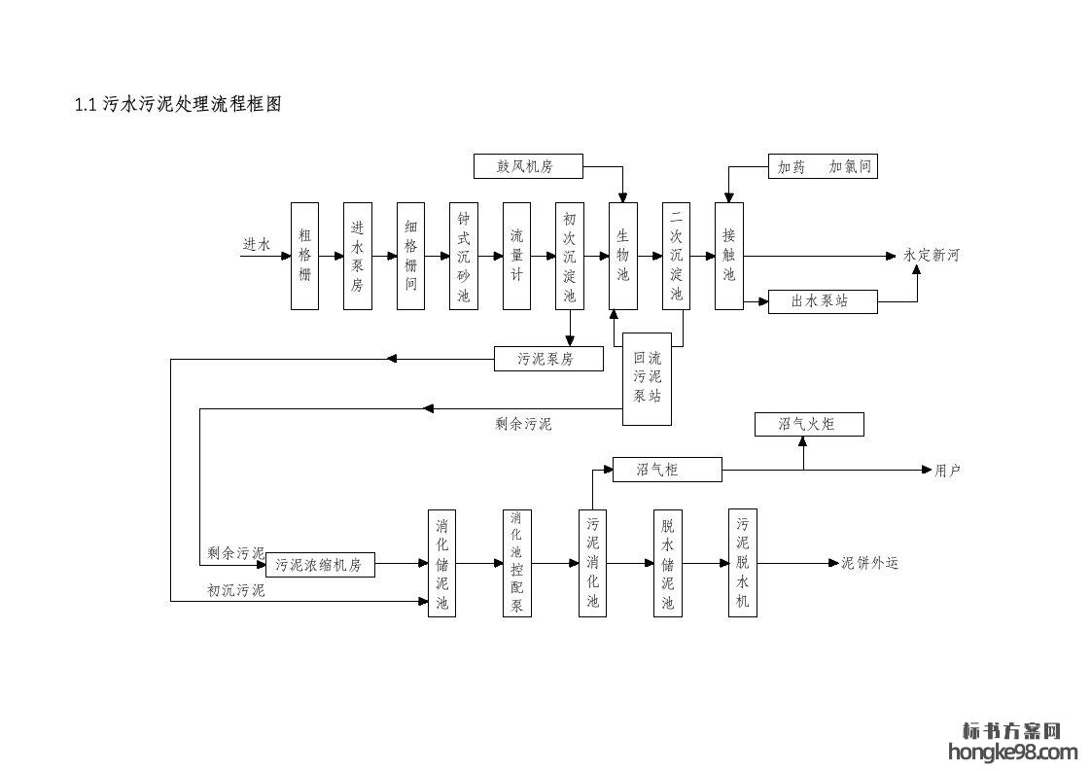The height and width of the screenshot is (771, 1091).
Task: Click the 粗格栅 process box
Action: coord(304,256)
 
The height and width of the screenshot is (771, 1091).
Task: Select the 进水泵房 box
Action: coord(358,256)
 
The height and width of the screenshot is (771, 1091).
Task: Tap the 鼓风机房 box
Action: coord(528,166)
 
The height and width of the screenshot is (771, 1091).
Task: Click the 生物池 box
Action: coord(623,256)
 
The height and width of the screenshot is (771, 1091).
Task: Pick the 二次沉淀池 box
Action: coord(676,256)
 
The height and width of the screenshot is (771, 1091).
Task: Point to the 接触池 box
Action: coord(729,256)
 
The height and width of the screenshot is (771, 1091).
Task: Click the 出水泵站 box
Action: coord(822,301)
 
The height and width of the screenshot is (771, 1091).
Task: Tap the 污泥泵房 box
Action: coord(547,359)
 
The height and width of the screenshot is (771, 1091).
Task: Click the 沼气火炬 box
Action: coord(808,424)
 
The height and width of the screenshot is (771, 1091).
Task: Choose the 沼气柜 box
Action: coord(667,470)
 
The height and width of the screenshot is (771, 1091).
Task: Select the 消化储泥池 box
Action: coord(442,563)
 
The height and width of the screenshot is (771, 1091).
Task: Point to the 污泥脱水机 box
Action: coord(743,563)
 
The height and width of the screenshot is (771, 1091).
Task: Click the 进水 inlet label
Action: coord(256,245)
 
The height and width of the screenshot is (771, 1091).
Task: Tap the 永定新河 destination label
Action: coord(931,256)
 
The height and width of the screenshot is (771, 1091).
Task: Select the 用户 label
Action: coord(947,471)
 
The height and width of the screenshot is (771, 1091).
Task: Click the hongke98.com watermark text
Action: coord(1011,752)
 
